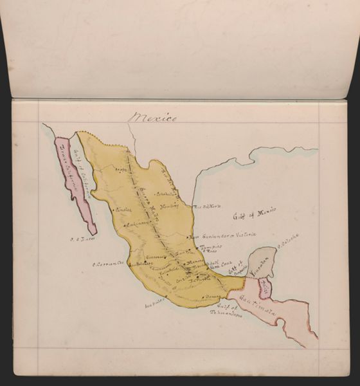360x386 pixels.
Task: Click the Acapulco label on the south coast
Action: [154, 299]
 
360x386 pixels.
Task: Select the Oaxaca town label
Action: [213, 296]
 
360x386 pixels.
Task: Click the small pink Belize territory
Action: [264, 288]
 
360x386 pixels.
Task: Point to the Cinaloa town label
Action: [123, 210]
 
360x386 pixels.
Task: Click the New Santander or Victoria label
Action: [225, 235]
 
